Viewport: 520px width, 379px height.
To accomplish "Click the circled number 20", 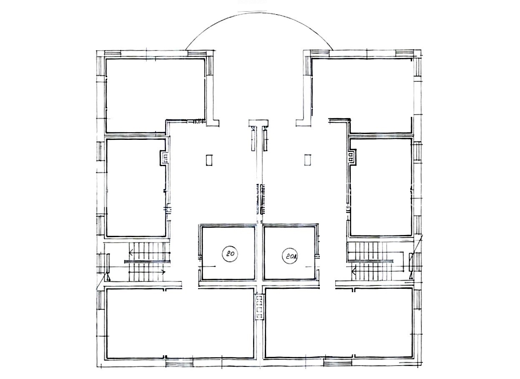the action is coord(230,253).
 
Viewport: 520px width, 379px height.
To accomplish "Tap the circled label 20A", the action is coord(290,256).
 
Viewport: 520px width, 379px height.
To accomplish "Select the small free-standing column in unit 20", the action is coord(209,160).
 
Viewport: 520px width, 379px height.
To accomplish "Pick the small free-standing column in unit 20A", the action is coord(308,160).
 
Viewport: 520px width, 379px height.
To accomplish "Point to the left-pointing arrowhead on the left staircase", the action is coord(131,252).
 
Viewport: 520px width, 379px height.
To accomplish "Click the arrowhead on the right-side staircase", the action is coord(354,271).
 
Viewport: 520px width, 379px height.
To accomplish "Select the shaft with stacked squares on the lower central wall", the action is coord(259,307).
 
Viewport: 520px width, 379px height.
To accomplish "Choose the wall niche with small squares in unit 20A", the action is coord(352,158).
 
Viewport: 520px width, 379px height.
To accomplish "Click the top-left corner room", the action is coord(155,95).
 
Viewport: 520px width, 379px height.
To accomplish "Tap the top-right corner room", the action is coord(362,95).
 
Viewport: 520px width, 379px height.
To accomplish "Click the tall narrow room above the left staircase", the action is coord(136,188).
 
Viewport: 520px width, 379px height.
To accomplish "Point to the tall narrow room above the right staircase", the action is coord(381,187).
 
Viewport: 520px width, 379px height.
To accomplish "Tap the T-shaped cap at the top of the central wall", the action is coord(259,123).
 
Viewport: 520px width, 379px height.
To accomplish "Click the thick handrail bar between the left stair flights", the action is coord(148,262).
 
